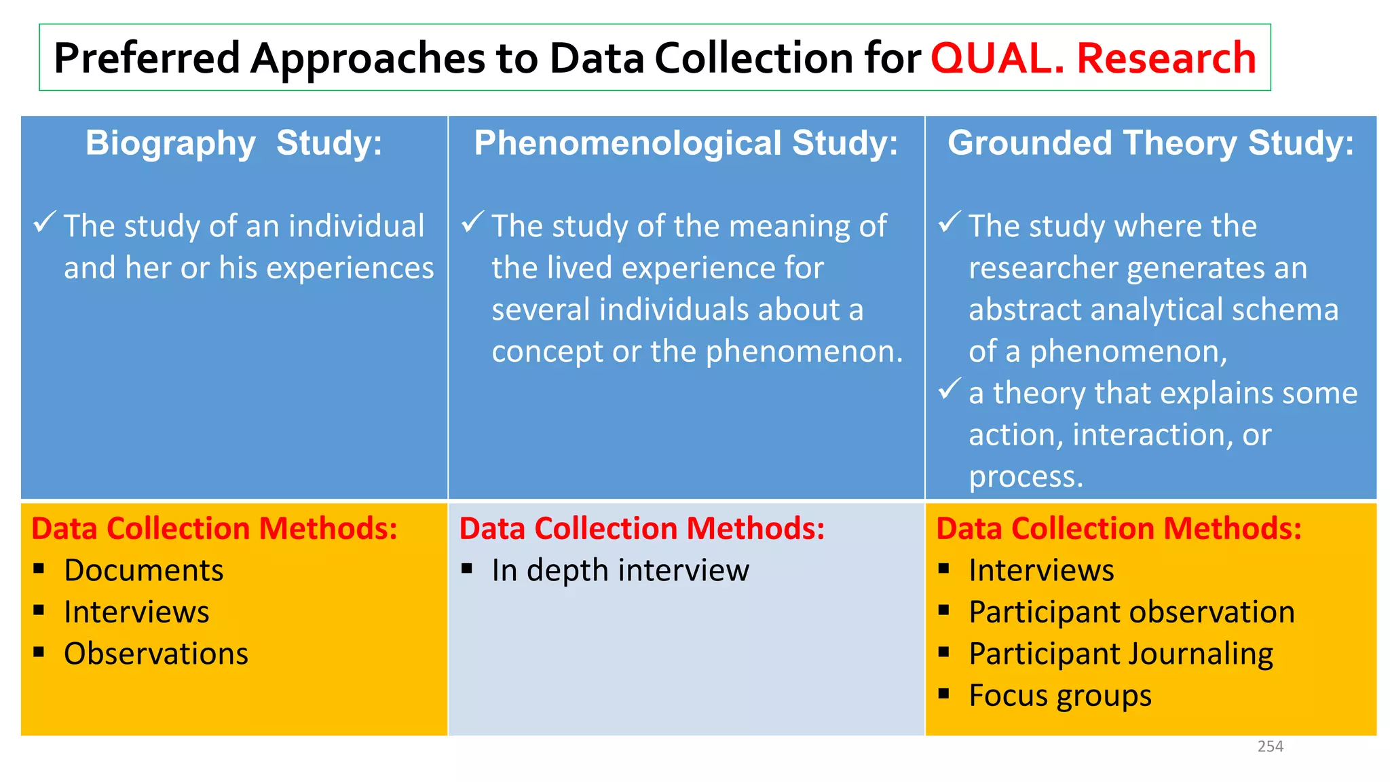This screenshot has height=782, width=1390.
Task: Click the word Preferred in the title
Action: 147,58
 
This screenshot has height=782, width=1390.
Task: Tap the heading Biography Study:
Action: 233,143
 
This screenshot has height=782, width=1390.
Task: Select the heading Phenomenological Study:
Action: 685,143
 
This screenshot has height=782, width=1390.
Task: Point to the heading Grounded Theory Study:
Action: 1150,143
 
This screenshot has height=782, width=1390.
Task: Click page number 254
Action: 1270,747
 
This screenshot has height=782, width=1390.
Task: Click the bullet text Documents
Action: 143,570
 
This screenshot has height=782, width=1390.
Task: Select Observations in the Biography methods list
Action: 156,654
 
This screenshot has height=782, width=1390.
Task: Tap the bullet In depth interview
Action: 620,570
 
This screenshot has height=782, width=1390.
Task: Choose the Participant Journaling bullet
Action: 1121,654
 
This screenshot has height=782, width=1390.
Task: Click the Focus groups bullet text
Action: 1059,696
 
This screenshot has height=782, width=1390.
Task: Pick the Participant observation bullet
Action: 1131,612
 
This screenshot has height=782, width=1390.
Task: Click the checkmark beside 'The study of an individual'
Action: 44,222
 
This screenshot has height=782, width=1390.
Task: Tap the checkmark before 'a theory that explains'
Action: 950,389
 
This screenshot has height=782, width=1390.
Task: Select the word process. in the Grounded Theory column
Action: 1025,477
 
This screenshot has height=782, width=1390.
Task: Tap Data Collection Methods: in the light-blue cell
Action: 641,529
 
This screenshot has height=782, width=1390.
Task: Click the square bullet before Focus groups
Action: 943,694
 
